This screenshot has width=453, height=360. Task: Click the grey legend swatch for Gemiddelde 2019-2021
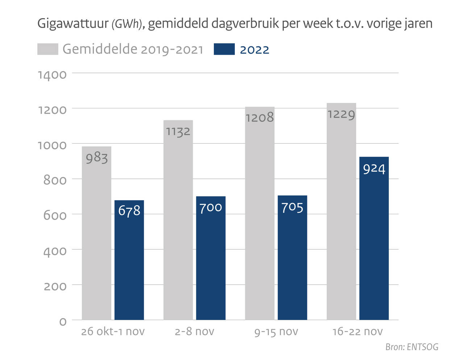47,49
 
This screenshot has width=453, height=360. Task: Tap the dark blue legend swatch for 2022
224,49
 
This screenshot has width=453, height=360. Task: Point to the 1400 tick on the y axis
52,75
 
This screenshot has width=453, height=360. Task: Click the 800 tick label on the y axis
55,180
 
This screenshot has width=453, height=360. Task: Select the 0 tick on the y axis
63,322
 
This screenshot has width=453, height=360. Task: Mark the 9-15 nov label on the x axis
276,331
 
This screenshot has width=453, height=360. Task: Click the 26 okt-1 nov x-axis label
113,331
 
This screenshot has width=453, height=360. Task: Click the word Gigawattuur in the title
73,24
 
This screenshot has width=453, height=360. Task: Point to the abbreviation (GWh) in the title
126,24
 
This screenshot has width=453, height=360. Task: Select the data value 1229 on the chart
341,115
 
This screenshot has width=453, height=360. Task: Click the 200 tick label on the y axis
55,286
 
